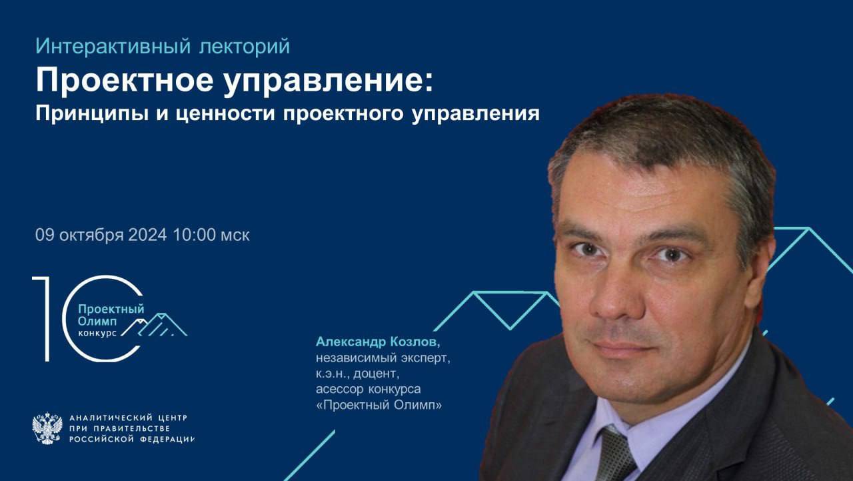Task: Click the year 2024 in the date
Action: (147, 235)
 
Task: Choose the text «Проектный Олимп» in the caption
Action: (379, 404)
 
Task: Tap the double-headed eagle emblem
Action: (47, 428)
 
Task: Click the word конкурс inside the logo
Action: (97, 332)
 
